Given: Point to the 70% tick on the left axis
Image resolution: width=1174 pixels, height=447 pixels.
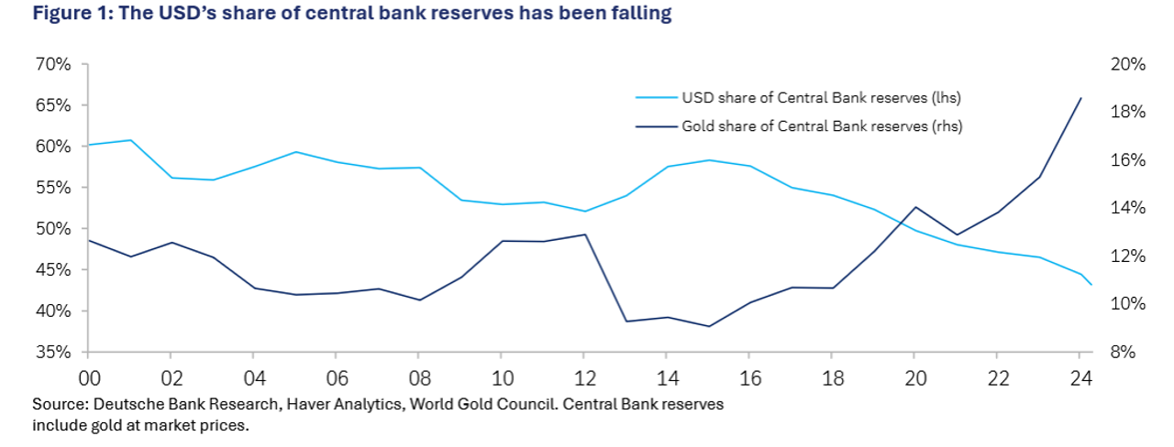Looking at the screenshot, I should click(54, 65).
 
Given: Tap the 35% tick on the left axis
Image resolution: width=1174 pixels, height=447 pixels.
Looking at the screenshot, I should click(54, 353).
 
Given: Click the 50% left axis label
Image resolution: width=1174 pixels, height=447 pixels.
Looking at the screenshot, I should click(54, 229).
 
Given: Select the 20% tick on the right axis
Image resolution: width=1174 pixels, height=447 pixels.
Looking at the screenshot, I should click(1128, 65).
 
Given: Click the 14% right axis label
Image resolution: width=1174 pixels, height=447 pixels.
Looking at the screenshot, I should click(1128, 209).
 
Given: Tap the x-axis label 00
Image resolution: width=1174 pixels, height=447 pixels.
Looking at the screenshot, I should click(88, 377).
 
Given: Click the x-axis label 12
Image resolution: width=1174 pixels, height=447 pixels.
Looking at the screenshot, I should click(583, 377).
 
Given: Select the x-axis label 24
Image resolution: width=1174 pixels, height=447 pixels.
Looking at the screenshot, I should click(1080, 377).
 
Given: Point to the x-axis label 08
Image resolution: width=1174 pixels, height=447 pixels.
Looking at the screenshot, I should click(418, 377).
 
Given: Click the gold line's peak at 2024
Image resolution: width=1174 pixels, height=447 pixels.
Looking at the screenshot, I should click(1081, 98).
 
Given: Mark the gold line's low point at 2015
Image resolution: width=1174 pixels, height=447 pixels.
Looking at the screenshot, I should click(708, 326).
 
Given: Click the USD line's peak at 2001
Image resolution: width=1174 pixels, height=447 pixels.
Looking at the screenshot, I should click(129, 140).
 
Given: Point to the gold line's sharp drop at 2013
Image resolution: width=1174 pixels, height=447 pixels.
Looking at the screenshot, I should click(626, 321).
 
